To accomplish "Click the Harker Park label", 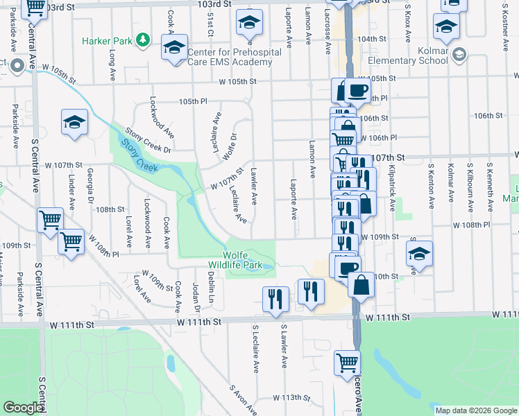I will pos(107,42).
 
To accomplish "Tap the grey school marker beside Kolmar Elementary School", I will pos(458,54).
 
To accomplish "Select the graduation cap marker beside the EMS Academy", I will pos(175,48).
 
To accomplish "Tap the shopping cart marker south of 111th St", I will pos(347,362).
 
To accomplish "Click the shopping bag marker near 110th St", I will pos(361,284).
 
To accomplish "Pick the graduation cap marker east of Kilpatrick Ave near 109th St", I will pos(419,254).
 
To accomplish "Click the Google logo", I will pos(23,408).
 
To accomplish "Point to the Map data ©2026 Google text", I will pos(475,410).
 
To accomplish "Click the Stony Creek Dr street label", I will pos(148,140).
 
